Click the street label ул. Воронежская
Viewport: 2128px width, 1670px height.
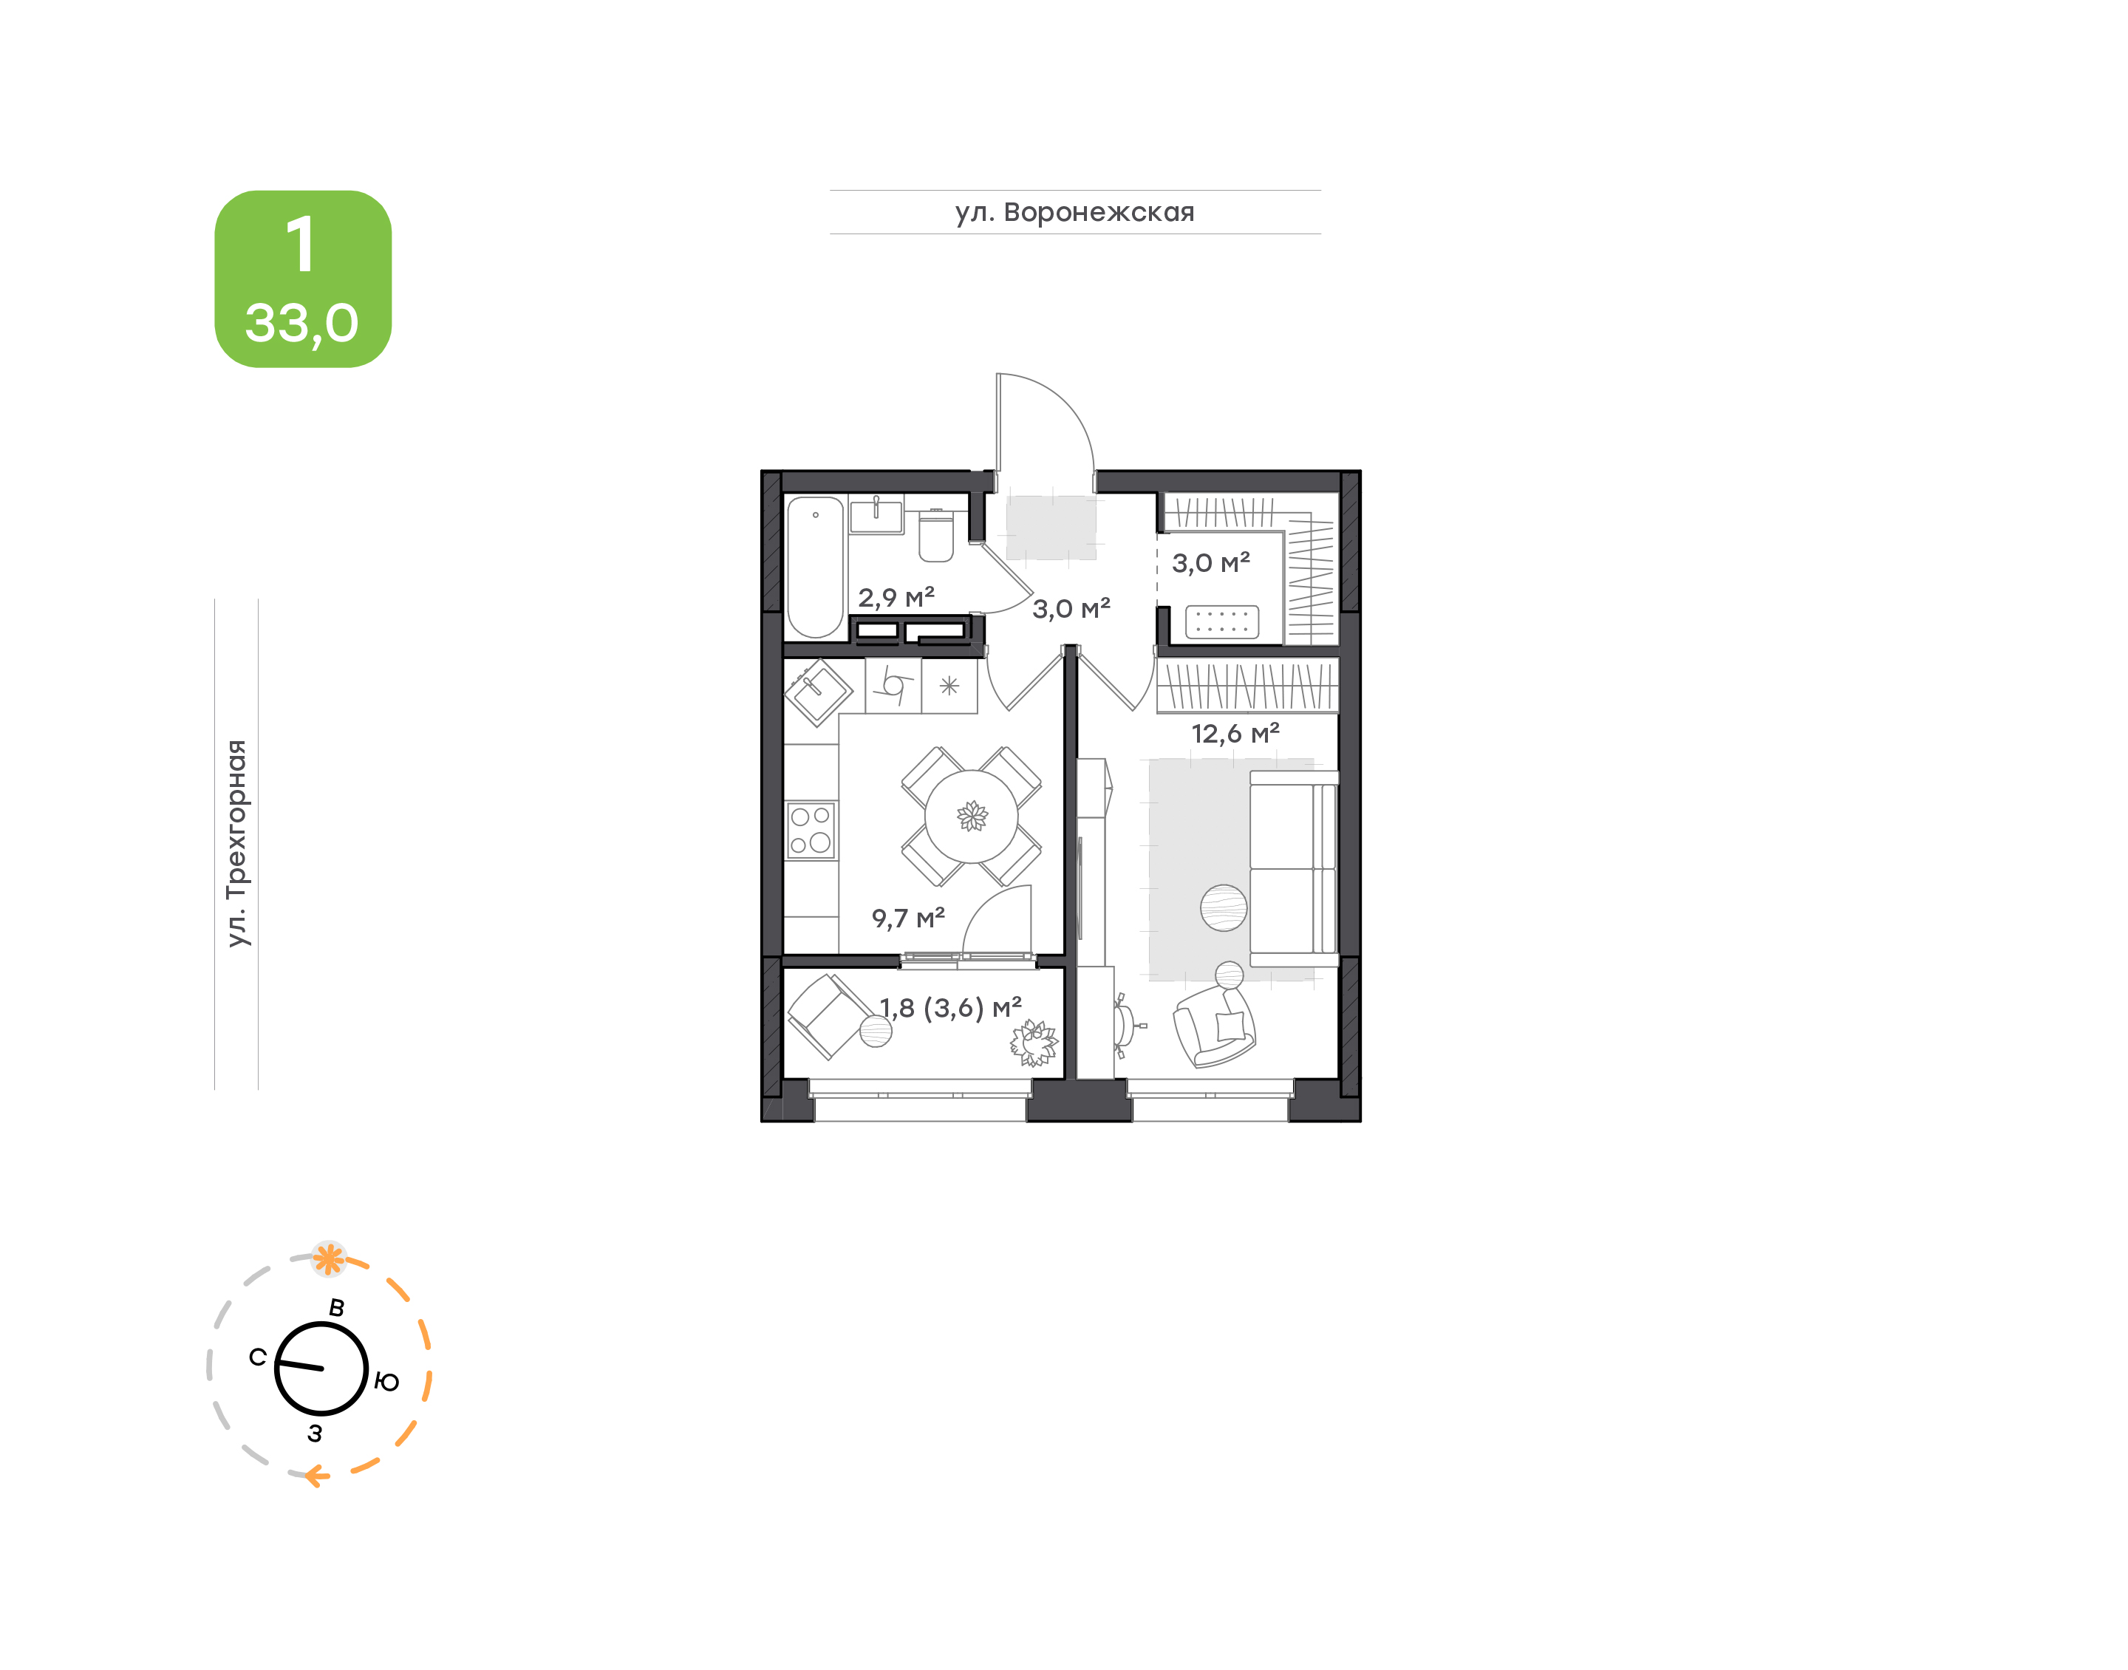1074,212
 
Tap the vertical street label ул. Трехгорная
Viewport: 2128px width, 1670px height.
236,843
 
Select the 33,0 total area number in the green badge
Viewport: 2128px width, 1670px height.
302,323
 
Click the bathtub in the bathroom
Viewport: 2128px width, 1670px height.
815,567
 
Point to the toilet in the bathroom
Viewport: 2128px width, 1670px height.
935,535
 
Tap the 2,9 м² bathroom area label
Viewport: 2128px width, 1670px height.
896,596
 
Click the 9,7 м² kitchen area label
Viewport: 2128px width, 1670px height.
908,917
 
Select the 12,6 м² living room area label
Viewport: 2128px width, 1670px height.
1235,732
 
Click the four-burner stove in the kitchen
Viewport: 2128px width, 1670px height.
811,830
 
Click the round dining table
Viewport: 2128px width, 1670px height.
972,817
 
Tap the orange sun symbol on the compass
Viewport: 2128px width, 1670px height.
329,1258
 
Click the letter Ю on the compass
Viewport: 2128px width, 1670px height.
387,1382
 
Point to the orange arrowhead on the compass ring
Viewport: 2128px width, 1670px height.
315,1476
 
